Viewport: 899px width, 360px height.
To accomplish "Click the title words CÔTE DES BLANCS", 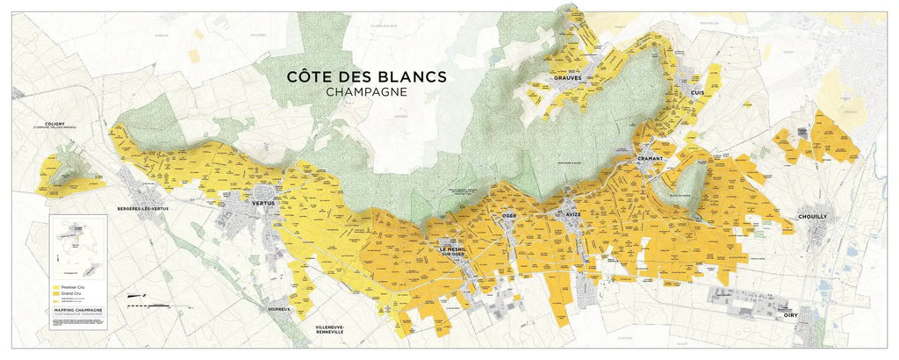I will click(367, 76).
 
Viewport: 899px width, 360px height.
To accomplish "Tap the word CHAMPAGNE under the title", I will click(367, 92).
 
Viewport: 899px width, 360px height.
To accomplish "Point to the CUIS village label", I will click(698, 93).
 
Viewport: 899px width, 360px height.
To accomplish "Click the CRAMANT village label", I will click(651, 158).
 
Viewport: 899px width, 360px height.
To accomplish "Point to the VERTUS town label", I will click(263, 203).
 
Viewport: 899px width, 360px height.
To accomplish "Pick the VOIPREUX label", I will click(279, 310).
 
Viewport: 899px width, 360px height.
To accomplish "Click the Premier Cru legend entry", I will click(75, 287).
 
